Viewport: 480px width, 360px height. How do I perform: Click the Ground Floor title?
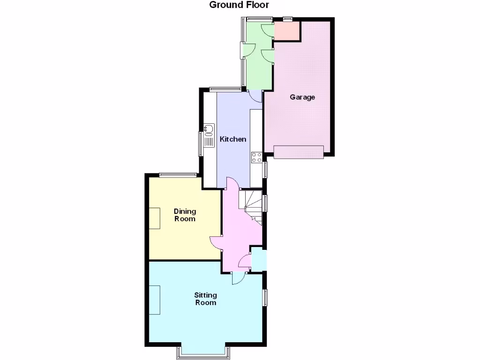pyautogui.click(x=239, y=5)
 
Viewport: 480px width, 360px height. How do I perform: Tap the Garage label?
pyautogui.click(x=302, y=97)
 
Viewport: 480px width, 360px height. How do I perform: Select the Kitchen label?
pyautogui.click(x=233, y=139)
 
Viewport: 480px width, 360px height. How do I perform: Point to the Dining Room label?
pyautogui.click(x=185, y=215)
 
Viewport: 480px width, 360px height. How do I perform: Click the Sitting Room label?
pyautogui.click(x=206, y=299)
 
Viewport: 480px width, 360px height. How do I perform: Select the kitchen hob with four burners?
pyautogui.click(x=256, y=157)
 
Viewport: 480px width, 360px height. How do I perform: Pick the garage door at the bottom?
pyautogui.click(x=299, y=152)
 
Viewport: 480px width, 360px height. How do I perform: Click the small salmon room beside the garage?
pyautogui.click(x=286, y=30)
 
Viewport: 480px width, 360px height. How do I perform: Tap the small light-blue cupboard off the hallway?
pyautogui.click(x=259, y=259)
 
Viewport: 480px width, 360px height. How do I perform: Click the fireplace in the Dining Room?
pyautogui.click(x=155, y=218)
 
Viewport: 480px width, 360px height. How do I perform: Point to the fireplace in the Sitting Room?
pyautogui.click(x=155, y=300)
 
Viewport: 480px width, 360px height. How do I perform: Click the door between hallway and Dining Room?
pyautogui.click(x=216, y=242)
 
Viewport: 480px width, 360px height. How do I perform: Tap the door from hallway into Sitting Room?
pyautogui.click(x=238, y=278)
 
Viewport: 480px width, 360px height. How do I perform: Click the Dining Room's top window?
pyautogui.click(x=177, y=175)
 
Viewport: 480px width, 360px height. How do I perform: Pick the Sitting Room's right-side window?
pyautogui.click(x=265, y=298)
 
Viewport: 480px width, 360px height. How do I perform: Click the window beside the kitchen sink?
pyautogui.click(x=201, y=143)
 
